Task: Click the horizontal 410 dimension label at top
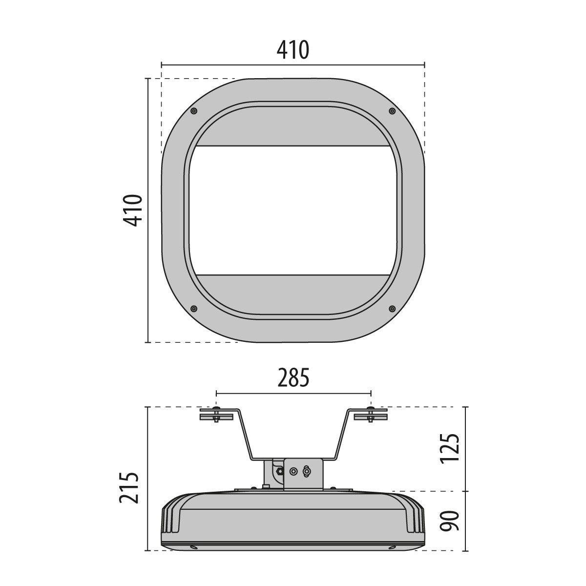coord(293,50)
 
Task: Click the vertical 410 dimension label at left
coord(132,210)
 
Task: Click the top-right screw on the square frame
coord(392,111)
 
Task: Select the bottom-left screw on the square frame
coord(194,309)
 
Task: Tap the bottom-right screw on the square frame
coord(392,309)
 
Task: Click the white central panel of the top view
coord(293,210)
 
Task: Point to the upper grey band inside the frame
coord(293,129)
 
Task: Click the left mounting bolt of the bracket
coord(216,415)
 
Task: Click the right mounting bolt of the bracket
coord(371,415)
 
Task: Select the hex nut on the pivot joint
coord(279,471)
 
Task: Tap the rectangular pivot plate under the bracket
coord(303,473)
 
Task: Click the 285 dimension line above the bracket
coord(293,393)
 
